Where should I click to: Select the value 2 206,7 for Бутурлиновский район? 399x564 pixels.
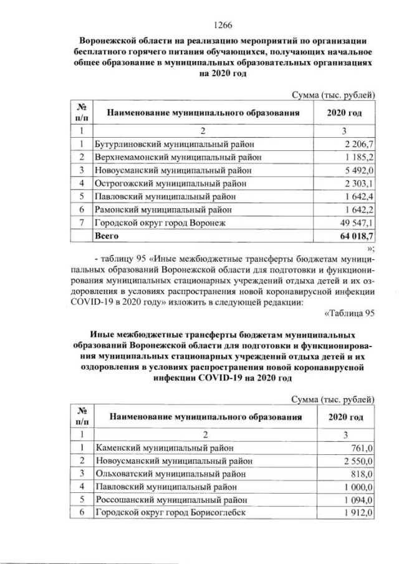pos(356,144)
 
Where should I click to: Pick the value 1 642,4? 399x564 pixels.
pos(356,197)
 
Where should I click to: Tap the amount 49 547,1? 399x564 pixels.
pos(353,223)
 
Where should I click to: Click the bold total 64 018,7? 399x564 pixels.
pos(353,237)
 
